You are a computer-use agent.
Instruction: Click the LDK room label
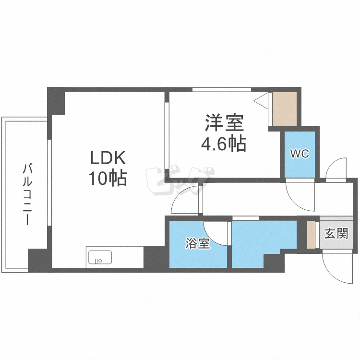click(107, 158)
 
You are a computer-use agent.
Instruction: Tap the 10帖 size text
click(107, 179)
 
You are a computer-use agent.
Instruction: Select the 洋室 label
click(224, 123)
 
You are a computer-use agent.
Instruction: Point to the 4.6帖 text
click(224, 143)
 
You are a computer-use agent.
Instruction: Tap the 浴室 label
click(198, 244)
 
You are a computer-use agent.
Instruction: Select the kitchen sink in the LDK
click(99, 258)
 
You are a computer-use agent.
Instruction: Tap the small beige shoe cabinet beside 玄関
click(311, 235)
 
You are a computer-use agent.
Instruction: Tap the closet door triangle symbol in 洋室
click(261, 102)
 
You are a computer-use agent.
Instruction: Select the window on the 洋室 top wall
click(222, 89)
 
